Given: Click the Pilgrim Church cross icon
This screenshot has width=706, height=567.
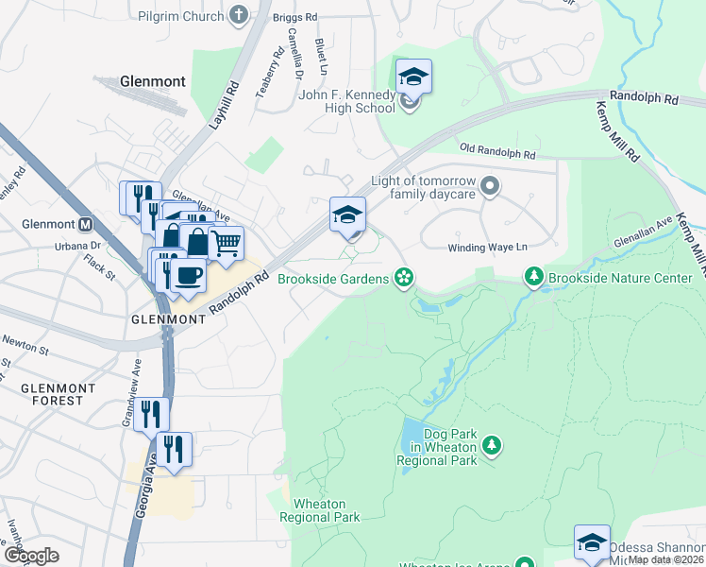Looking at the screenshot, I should [238, 15].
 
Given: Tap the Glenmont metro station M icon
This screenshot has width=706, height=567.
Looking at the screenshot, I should [86, 225].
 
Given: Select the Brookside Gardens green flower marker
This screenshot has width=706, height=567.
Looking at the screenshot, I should [403, 277].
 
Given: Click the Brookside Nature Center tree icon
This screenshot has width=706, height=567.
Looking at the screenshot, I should [534, 277].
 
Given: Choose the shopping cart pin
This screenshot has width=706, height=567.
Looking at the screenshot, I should [226, 244].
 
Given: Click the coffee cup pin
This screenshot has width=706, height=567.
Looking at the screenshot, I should [190, 275].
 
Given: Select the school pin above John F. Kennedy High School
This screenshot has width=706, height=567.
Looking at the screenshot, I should [413, 77].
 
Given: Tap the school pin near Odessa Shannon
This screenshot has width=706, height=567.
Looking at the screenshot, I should [592, 542].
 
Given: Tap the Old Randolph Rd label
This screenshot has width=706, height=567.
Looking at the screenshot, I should [497, 151].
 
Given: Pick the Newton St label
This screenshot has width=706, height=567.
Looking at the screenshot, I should [25, 343].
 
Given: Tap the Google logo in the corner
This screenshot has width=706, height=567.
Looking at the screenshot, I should [32, 555].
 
